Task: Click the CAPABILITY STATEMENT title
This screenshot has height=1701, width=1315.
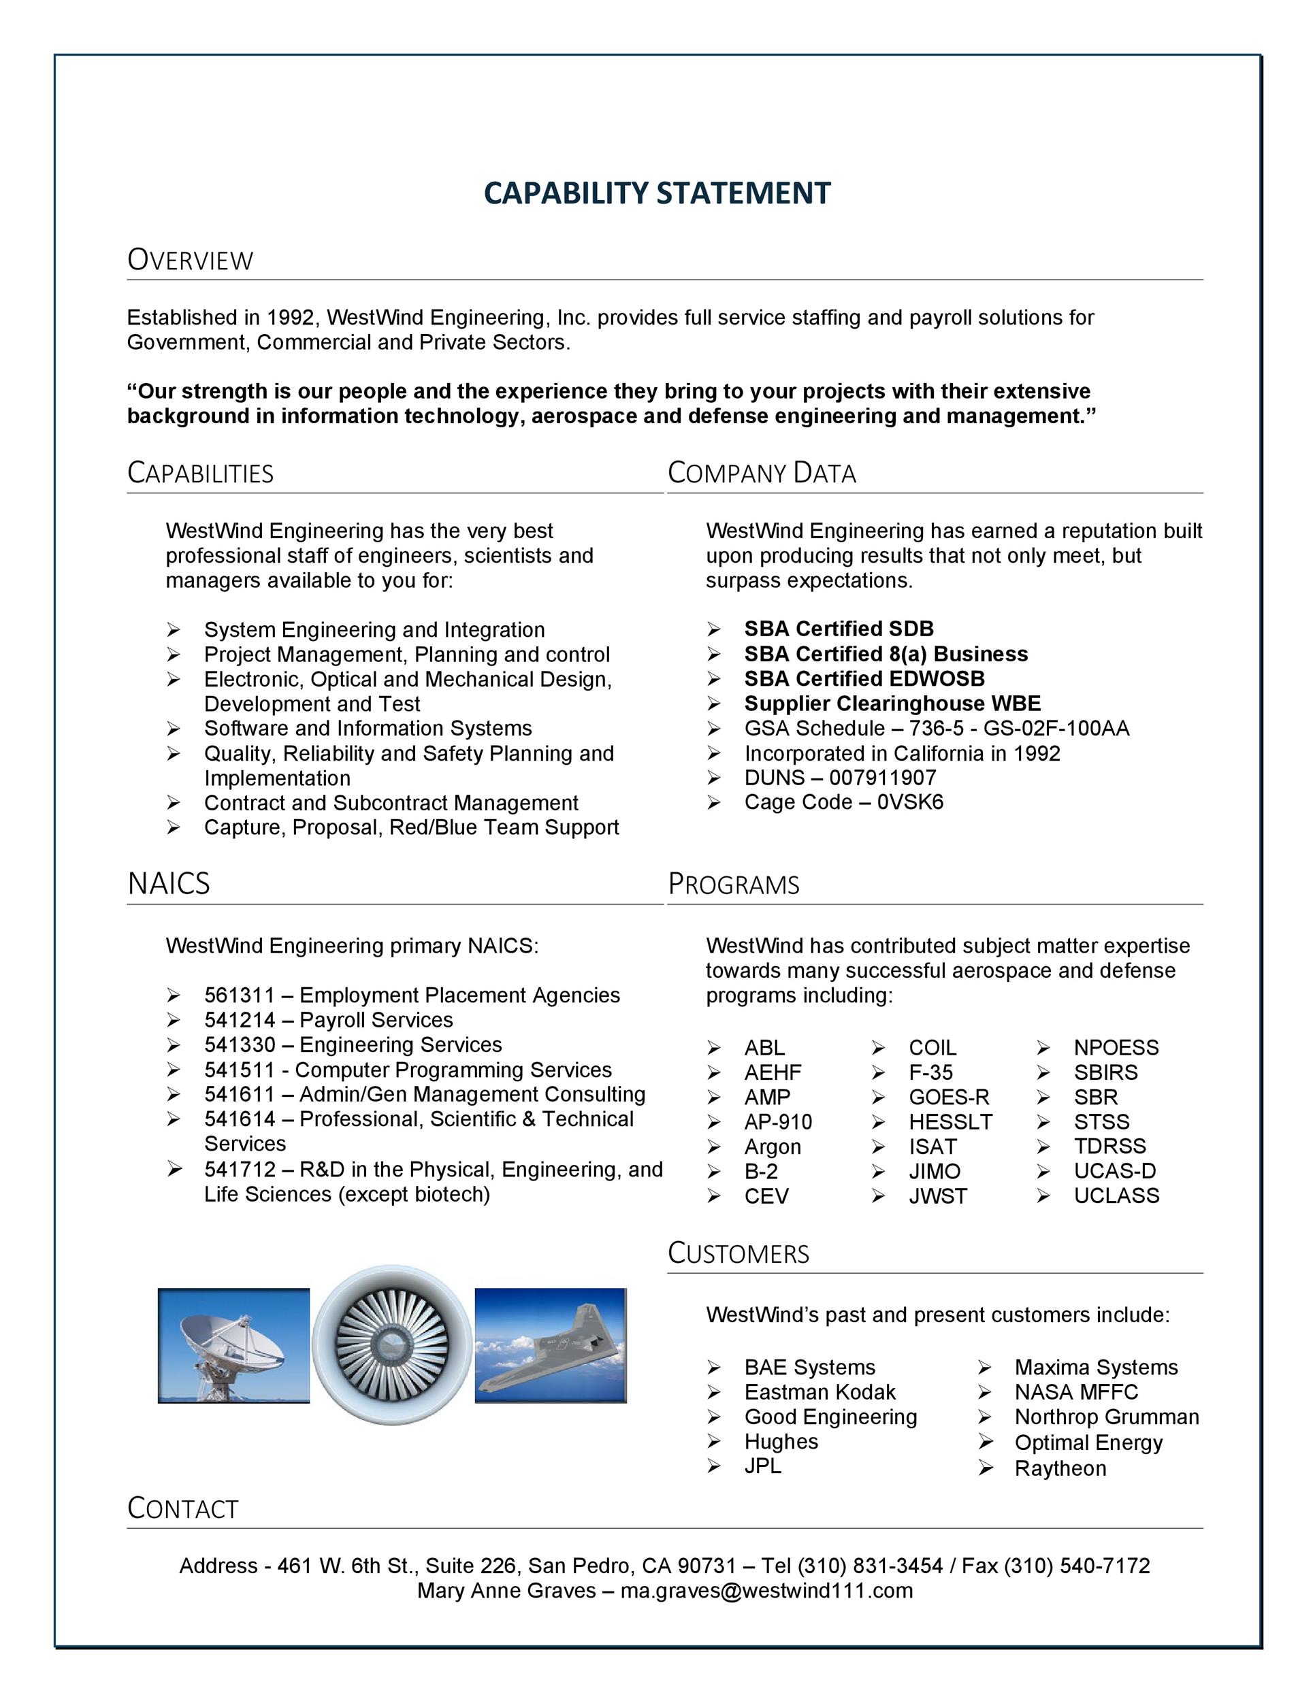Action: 657,193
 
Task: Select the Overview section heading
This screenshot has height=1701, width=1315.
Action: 190,260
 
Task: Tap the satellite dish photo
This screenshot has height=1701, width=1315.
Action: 233,1345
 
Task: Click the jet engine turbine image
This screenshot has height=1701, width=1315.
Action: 392,1345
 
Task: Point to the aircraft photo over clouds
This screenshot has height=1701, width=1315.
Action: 550,1345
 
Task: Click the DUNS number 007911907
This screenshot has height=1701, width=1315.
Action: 883,777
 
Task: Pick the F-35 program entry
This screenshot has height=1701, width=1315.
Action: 930,1072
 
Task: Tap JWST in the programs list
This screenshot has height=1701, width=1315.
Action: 937,1196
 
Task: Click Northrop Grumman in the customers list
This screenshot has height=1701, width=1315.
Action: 1106,1417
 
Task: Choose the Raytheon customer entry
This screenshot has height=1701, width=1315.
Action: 1060,1468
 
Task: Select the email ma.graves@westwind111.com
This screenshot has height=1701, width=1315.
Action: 766,1590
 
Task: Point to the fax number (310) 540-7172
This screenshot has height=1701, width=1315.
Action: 1076,1566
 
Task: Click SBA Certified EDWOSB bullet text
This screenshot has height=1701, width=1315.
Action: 864,678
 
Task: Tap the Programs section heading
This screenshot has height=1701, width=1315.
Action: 733,885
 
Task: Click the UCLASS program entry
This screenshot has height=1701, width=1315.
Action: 1116,1195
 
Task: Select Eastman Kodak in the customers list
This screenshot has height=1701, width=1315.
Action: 819,1392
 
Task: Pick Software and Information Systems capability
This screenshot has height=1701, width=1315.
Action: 368,728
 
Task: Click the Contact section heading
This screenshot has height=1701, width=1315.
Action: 182,1508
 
